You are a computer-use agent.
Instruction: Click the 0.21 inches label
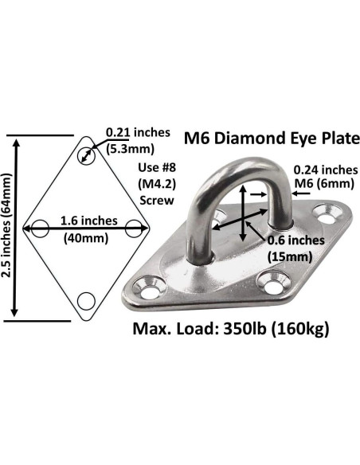tap(137, 132)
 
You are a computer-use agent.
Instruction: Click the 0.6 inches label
tap(303, 239)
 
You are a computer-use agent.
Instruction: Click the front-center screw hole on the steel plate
tap(276, 280)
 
